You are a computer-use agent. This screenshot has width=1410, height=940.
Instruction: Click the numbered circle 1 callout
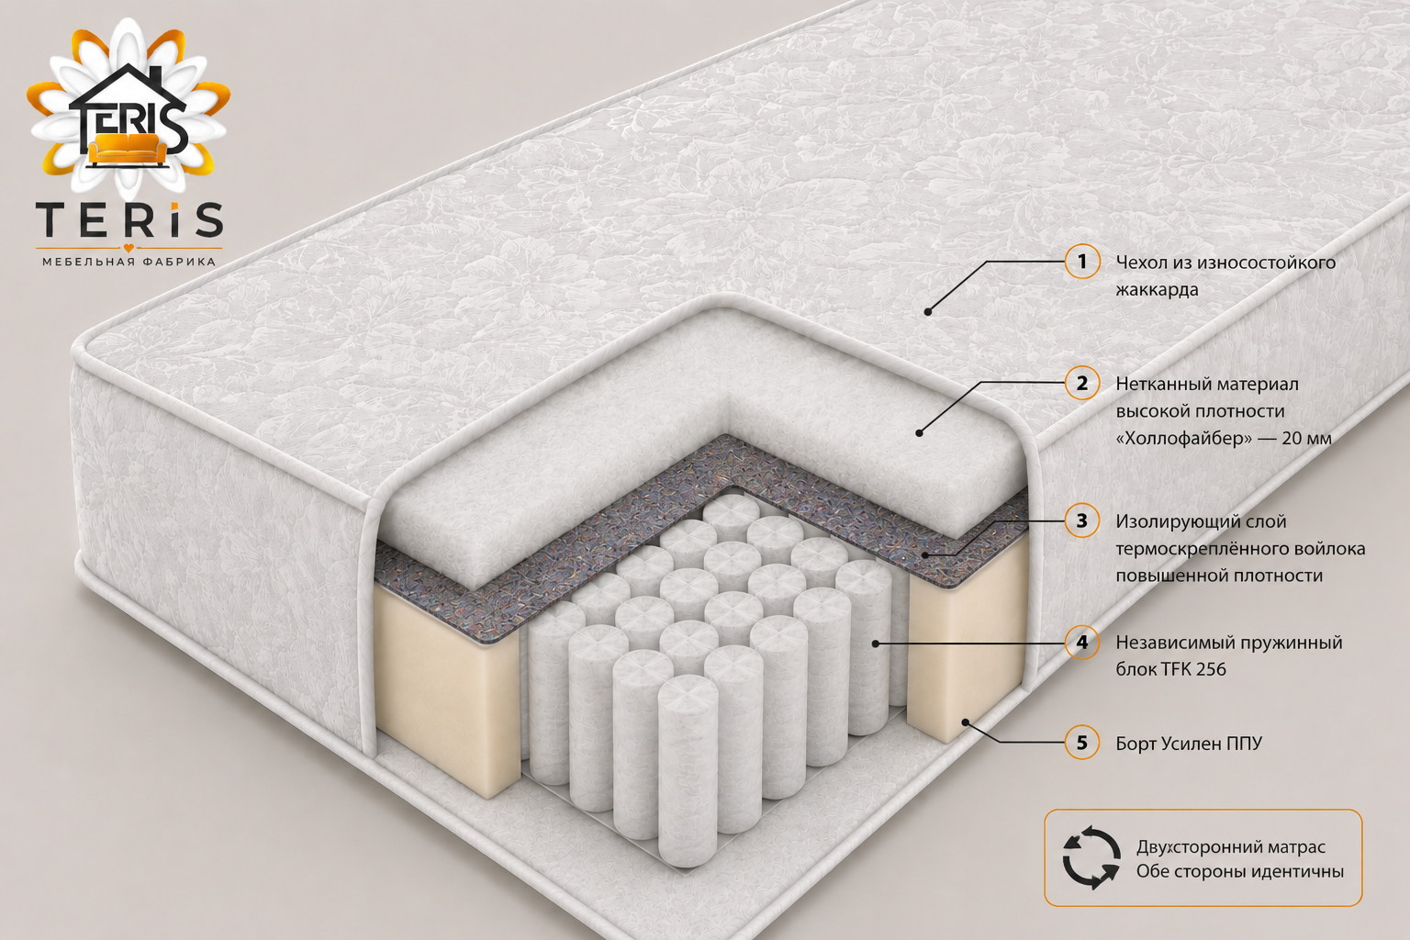1082,262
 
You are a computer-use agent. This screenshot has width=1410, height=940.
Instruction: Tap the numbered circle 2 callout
1082,383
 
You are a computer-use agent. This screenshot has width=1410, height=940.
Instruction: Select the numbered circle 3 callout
1082,520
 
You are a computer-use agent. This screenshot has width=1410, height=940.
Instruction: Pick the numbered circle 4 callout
1082,643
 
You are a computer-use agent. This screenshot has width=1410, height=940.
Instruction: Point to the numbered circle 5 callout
1082,743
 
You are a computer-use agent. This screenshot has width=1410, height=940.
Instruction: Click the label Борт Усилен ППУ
1189,744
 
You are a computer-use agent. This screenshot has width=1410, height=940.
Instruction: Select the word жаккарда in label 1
1157,289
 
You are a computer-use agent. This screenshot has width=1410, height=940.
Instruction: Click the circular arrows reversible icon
1091,858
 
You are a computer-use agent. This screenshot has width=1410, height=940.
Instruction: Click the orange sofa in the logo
128,149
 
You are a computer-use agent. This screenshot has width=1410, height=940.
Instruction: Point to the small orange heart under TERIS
129,248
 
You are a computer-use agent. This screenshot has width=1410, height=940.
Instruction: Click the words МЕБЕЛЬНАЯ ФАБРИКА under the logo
129,262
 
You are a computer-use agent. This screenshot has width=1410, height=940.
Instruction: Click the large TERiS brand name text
129,219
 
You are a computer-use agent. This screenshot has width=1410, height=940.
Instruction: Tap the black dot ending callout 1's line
928,311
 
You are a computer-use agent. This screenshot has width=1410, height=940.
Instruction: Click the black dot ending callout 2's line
919,432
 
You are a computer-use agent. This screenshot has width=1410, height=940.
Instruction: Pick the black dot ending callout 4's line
876,643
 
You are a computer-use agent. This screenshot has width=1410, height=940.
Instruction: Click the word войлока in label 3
1329,548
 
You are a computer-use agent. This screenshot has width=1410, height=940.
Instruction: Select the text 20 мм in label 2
1307,438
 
